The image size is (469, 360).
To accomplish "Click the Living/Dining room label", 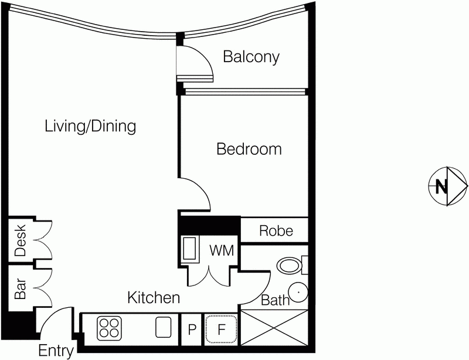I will tap(90, 126).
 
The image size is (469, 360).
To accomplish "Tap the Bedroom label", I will tap(249, 150).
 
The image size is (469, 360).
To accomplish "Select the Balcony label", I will tap(251, 57).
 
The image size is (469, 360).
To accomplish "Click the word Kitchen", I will tap(154, 298).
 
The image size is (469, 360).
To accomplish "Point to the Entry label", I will tap(56, 351).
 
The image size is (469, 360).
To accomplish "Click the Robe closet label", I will tap(276, 231).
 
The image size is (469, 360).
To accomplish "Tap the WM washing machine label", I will tap(222, 251).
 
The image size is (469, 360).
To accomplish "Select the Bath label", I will tap(275, 301).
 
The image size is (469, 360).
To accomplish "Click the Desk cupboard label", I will tap(20, 240).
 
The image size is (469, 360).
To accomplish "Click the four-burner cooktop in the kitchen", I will tap(108, 327).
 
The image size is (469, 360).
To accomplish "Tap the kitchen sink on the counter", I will tap(163, 327).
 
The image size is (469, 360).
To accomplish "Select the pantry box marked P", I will tap(191, 330).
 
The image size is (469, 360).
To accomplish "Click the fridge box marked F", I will tap(222, 329).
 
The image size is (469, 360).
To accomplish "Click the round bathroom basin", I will tap(298, 290).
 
